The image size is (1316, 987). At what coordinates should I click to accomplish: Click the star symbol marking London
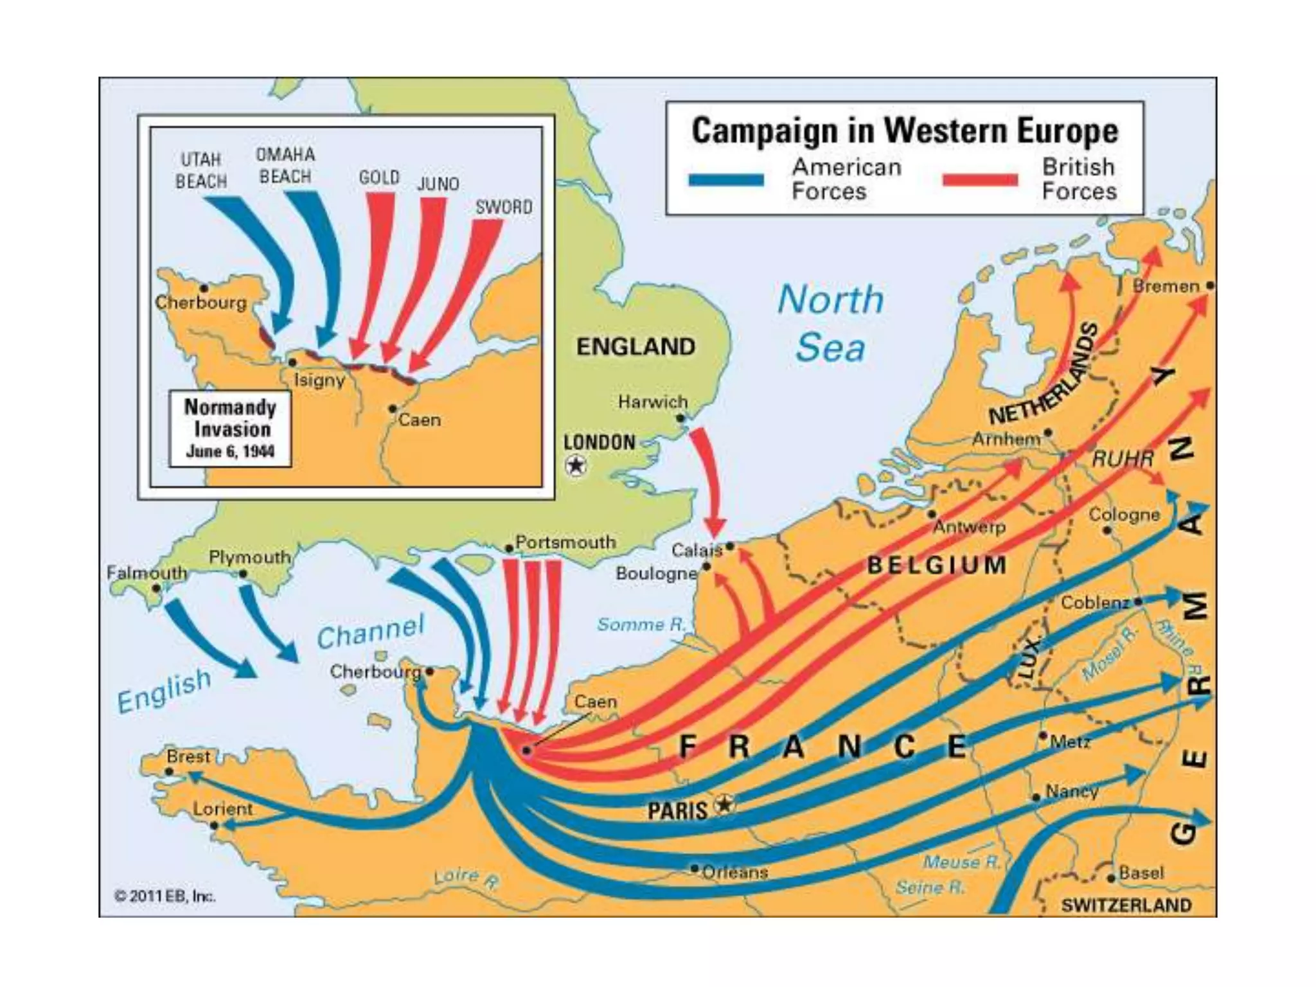[576, 465]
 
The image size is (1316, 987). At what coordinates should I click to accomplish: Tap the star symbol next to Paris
[724, 804]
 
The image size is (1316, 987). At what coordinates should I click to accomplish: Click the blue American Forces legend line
[726, 180]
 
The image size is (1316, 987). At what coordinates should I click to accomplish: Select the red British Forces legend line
[980, 180]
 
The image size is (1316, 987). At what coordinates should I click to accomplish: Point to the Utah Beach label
[201, 170]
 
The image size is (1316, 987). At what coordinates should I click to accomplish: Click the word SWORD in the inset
[504, 207]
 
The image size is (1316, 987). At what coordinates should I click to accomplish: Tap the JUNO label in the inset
[438, 184]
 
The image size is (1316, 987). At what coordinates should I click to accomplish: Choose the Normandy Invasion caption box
[230, 429]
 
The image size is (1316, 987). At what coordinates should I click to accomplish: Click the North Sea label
[831, 323]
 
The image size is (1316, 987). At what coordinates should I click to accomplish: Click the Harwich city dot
[680, 418]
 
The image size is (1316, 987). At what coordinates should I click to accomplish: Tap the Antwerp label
[969, 527]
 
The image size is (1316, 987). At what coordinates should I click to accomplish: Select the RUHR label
[1123, 459]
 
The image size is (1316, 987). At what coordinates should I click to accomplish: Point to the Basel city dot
[1111, 878]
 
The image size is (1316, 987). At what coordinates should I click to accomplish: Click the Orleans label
[734, 873]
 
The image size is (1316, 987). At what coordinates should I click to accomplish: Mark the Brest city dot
[170, 772]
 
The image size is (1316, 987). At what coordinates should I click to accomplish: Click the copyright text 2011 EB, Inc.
[164, 896]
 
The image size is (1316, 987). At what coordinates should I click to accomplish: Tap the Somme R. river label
[641, 625]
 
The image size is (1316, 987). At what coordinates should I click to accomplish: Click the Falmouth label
[147, 572]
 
